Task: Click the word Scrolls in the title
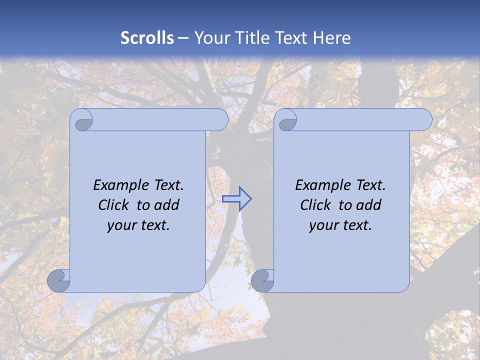pos(147,38)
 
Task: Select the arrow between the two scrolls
pos(236,199)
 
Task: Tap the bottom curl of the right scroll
pos(263,281)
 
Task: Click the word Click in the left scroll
pos(113,205)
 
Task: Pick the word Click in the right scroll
pos(315,205)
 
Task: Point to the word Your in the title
pos(211,38)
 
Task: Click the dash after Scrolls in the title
pos(183,38)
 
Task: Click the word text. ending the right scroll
pos(356,225)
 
